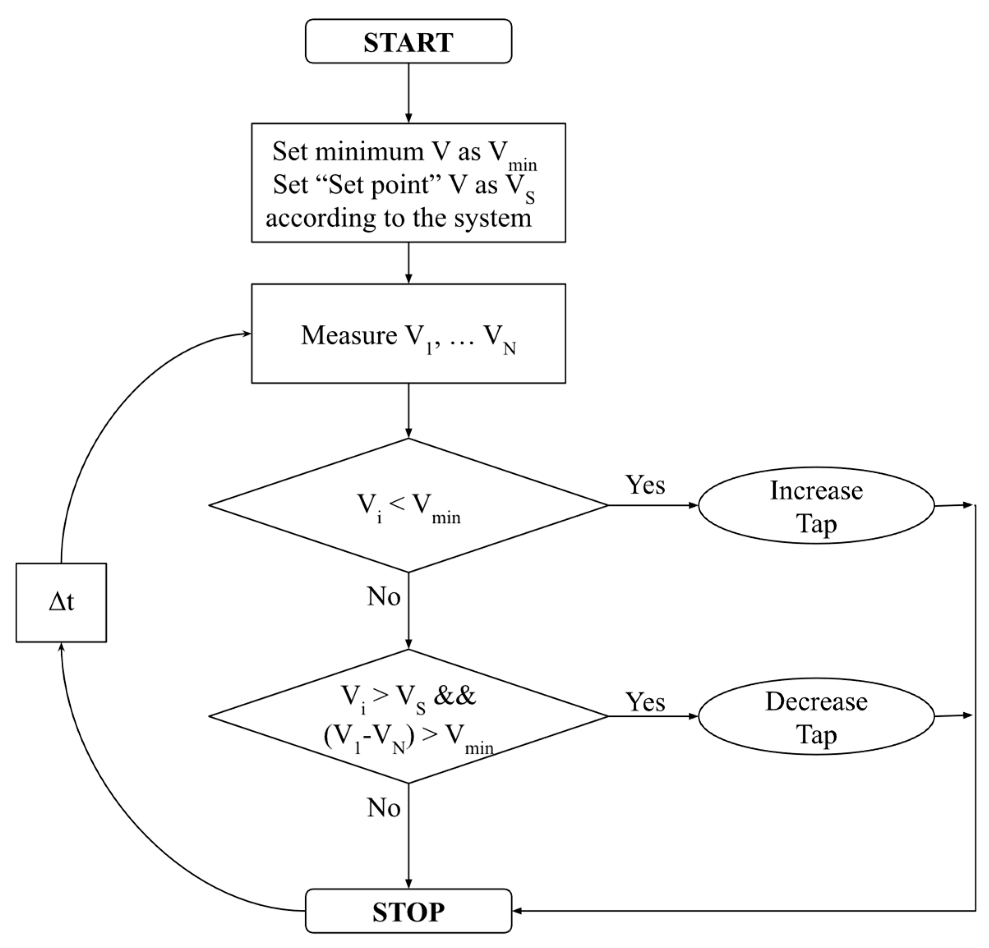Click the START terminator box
point(408,41)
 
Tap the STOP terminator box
point(408,911)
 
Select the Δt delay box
point(61,602)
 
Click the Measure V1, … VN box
point(408,333)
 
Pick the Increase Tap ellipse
point(816,505)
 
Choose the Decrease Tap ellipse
point(816,716)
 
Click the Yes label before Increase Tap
point(645,485)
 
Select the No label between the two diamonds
point(384,597)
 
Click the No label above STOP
point(384,808)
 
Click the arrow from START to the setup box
point(408,93)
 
